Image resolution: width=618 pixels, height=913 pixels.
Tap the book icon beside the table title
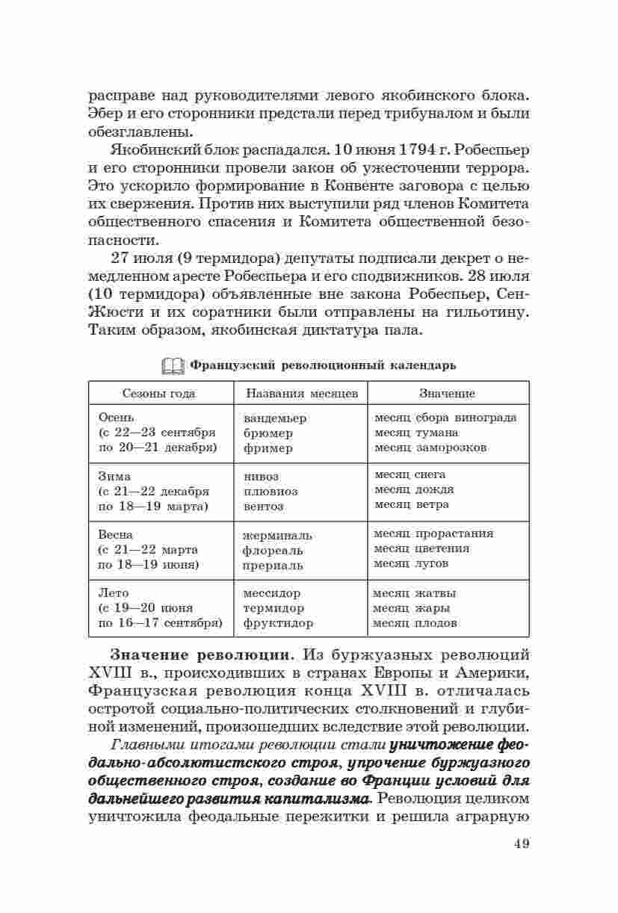tap(173, 365)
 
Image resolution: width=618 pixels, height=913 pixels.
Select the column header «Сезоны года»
tap(159, 393)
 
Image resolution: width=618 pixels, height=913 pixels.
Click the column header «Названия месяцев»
tap(302, 393)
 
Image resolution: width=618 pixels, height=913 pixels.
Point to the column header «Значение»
tap(447, 393)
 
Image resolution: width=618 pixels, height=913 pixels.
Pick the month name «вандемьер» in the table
tap(275, 418)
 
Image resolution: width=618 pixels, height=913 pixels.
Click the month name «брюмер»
tap(268, 433)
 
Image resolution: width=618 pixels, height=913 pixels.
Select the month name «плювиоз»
tap(271, 492)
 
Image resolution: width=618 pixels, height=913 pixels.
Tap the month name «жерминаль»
tap(277, 536)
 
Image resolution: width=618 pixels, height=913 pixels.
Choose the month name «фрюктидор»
tap(278, 623)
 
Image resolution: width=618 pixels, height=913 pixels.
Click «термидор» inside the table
tap(274, 608)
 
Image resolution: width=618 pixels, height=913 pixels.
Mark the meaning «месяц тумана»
tap(416, 433)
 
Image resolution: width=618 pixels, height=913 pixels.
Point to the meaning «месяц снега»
tap(410, 474)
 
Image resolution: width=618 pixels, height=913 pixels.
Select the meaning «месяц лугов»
tap(411, 563)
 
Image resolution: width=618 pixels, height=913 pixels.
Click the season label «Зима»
tap(114, 477)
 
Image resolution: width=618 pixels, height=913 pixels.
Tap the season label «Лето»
tap(114, 593)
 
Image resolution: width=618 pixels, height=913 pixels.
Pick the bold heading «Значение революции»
tap(200, 655)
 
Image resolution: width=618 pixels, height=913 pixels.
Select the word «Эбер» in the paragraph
tap(104, 114)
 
